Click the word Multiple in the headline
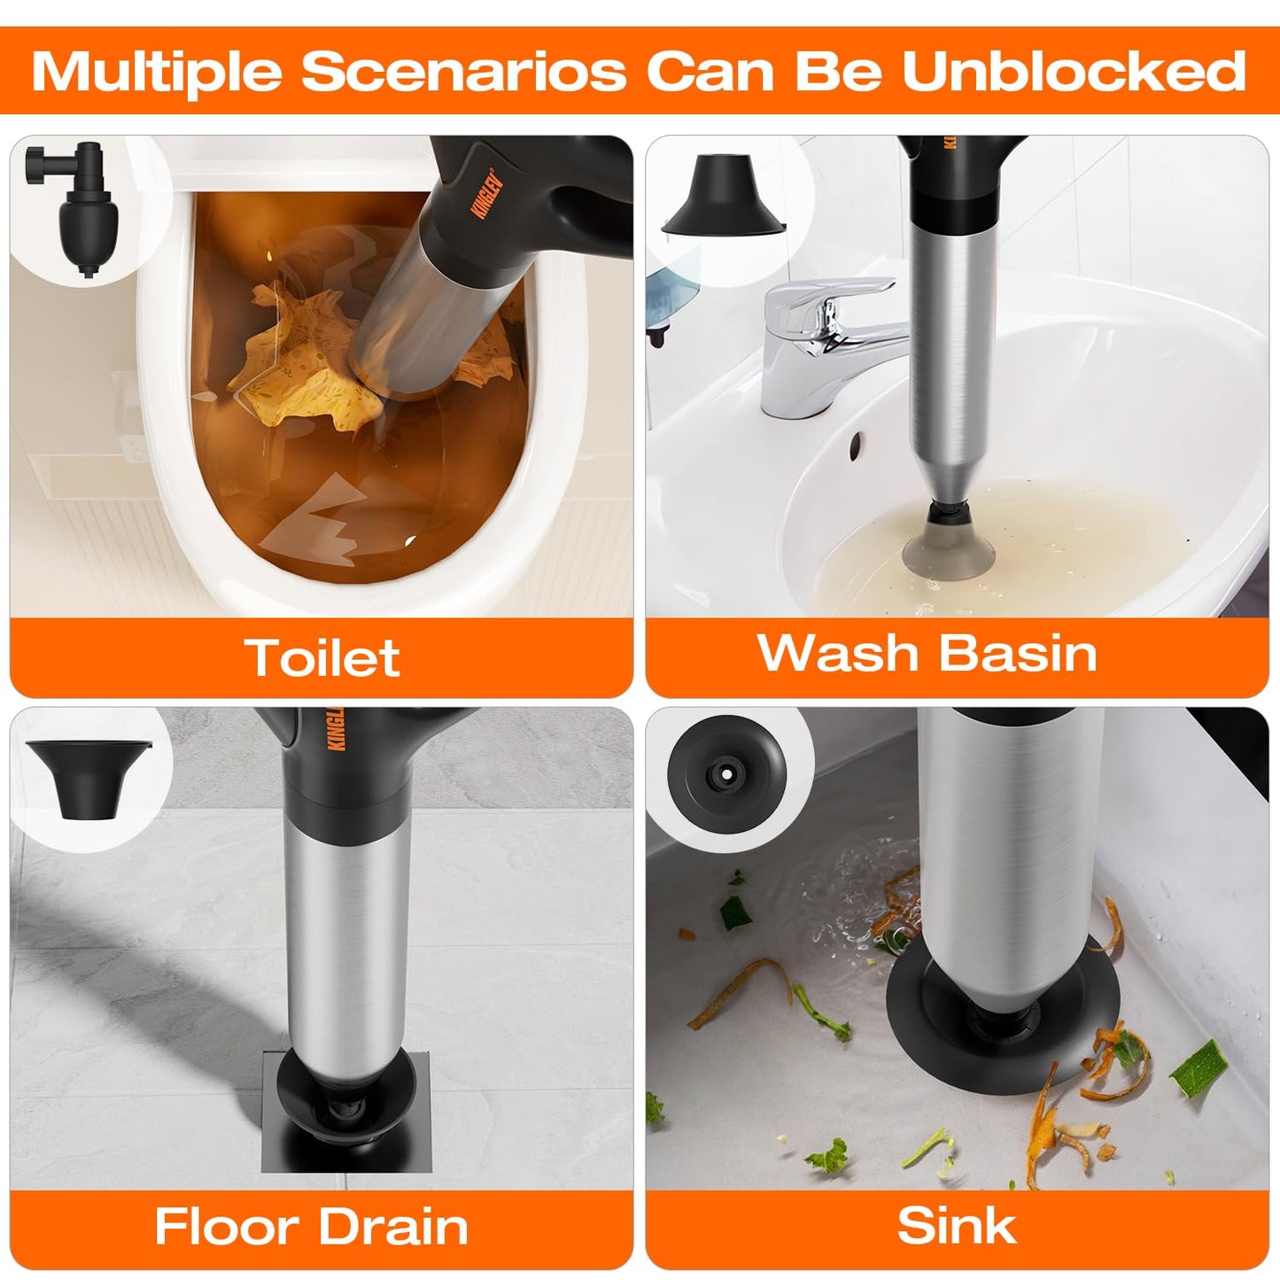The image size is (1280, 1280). click(x=156, y=71)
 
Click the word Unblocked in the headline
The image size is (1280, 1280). click(x=1074, y=71)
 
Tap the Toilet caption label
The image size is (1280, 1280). click(x=322, y=657)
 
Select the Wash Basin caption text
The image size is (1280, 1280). click(x=927, y=653)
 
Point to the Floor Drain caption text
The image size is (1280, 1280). click(x=311, y=1227)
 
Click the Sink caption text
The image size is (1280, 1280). click(x=957, y=1226)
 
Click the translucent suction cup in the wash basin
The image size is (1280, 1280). click(x=947, y=549)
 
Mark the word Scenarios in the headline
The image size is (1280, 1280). click(x=465, y=71)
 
